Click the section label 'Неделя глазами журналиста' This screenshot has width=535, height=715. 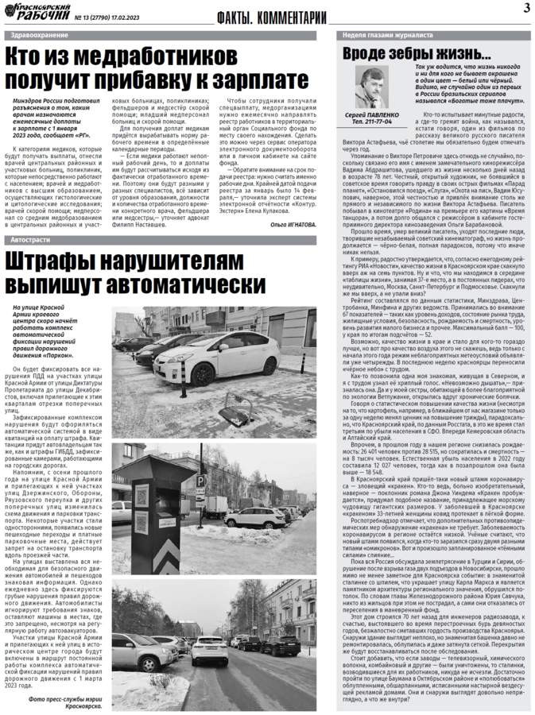[x=382, y=37]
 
